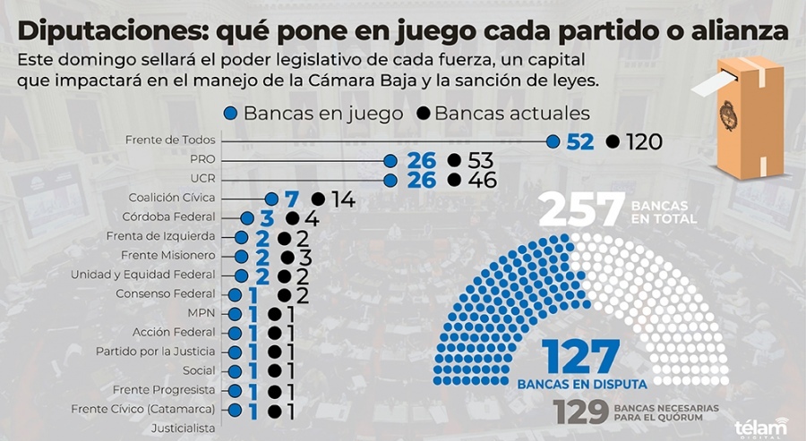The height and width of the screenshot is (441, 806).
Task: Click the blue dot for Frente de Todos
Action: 553,141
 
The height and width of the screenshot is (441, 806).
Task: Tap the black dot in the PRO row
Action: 454,161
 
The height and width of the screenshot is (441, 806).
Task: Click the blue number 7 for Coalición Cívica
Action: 290,199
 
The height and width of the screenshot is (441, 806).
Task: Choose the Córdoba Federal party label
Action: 169,217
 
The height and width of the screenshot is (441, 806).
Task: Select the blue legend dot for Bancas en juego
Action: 230,114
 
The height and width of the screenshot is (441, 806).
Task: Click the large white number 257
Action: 580,212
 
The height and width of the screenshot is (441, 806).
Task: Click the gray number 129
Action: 581,412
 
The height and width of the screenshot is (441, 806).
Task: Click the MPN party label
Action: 201,313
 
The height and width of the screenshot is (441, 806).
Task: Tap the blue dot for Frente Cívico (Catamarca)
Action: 236,410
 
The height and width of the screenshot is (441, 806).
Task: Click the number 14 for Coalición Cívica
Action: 342,199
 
